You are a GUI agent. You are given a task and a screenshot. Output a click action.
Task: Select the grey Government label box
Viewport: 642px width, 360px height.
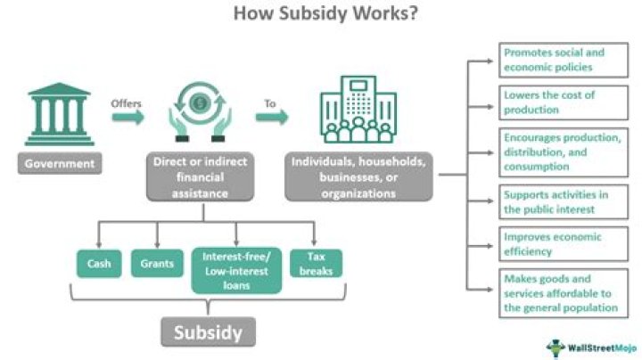58,163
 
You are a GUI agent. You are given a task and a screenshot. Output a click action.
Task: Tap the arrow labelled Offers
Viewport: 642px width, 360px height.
127,117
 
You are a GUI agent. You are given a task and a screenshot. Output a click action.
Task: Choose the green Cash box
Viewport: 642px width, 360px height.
98,264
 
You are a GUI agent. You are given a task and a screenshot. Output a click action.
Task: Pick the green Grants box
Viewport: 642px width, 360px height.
157,264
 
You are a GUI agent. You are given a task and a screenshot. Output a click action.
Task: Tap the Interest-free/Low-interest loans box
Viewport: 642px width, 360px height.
235,271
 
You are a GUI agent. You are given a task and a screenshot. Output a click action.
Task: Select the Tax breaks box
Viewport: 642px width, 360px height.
317,264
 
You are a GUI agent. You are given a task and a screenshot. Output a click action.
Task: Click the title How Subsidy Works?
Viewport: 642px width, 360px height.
320,14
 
